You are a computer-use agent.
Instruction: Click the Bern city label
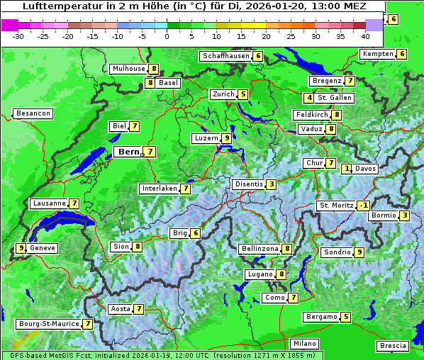(x=129, y=152)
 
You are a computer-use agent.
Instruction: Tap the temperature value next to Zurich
(x=242, y=94)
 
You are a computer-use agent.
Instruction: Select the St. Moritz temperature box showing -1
(x=363, y=206)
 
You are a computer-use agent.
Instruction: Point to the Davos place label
(x=365, y=169)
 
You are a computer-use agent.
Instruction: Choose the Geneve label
(x=43, y=248)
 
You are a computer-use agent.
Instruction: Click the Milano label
(x=305, y=343)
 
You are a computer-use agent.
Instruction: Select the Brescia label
(x=393, y=346)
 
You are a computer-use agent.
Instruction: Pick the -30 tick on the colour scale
(x=18, y=35)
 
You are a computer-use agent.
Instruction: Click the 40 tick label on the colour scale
(x=365, y=35)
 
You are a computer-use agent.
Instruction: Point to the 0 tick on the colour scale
(x=167, y=35)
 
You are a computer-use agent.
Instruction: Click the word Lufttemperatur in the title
(x=57, y=6)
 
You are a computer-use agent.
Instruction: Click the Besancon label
(x=33, y=113)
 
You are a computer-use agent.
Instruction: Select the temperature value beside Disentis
(x=272, y=184)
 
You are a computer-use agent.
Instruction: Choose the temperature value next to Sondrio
(x=359, y=252)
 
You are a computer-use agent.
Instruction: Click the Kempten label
(x=377, y=54)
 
